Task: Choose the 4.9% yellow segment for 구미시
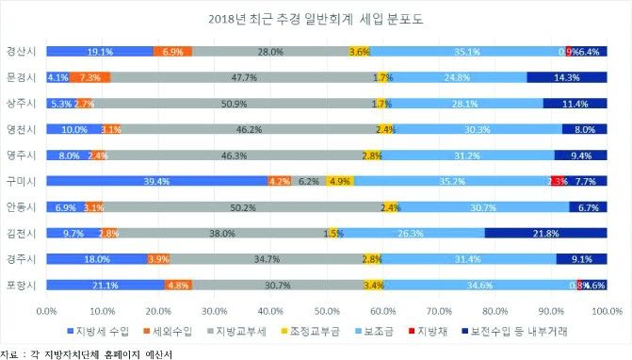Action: point(339,181)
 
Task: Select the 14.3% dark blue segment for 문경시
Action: point(566,77)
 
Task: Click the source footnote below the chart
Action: point(92,352)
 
